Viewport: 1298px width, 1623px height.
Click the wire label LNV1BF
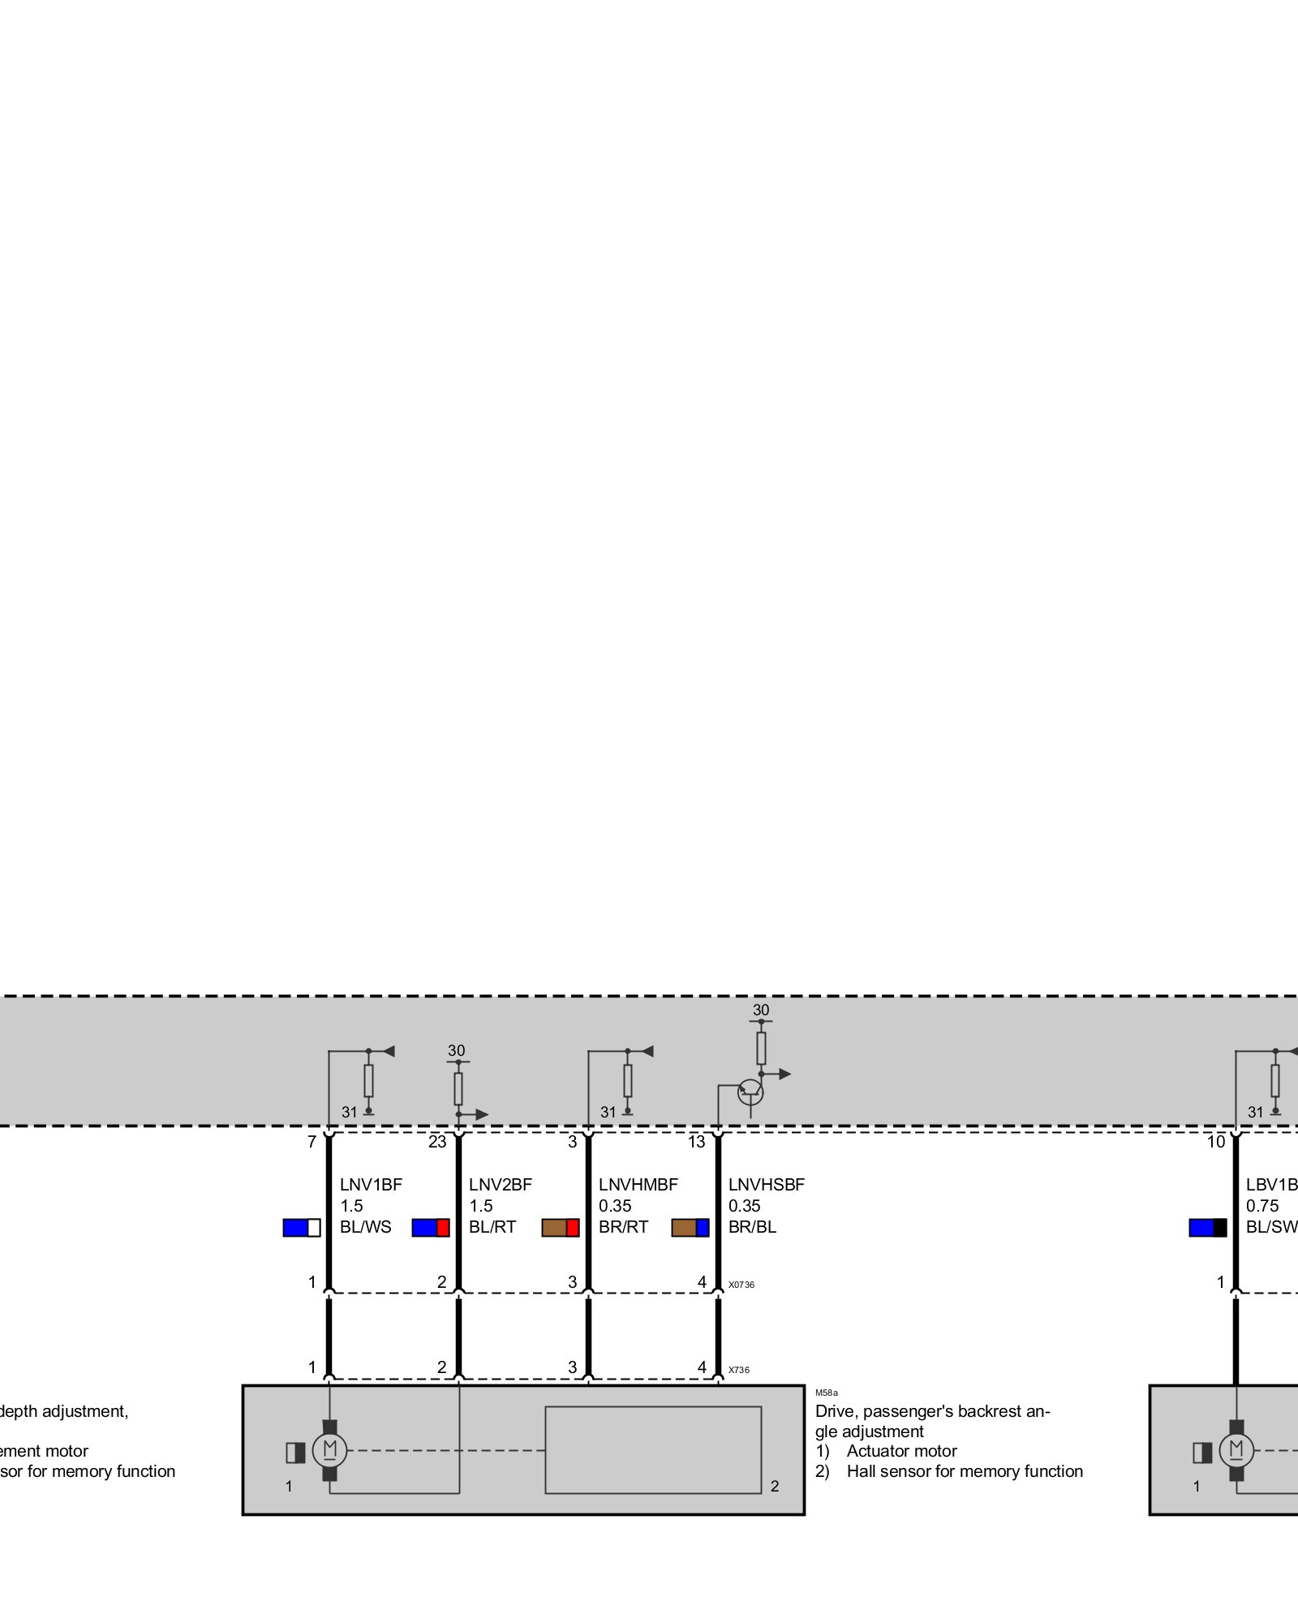[371, 1185]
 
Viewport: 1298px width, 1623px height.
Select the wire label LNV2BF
[501, 1185]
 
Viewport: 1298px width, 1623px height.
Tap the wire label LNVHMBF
[638, 1185]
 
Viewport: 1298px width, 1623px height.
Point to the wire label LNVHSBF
[767, 1185]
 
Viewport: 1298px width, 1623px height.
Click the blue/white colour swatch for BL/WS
[302, 1228]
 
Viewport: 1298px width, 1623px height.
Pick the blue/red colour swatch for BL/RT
[431, 1228]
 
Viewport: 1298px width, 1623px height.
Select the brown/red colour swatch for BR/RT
[561, 1228]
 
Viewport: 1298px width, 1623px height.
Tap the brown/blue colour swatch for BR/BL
[690, 1228]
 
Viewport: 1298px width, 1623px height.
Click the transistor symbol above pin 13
[750, 1092]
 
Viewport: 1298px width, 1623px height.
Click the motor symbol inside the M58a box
[329, 1450]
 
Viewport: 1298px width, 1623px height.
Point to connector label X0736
[741, 1285]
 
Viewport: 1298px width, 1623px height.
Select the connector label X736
[739, 1370]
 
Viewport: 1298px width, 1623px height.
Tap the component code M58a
[827, 1393]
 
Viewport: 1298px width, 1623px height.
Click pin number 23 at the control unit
[437, 1143]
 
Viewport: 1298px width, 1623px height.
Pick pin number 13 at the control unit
[697, 1143]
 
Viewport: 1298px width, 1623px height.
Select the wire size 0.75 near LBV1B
[1262, 1206]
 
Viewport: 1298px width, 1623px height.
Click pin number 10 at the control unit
[1216, 1143]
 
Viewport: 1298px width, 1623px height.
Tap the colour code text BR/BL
[752, 1227]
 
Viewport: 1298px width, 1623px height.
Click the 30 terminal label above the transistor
[761, 1010]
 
